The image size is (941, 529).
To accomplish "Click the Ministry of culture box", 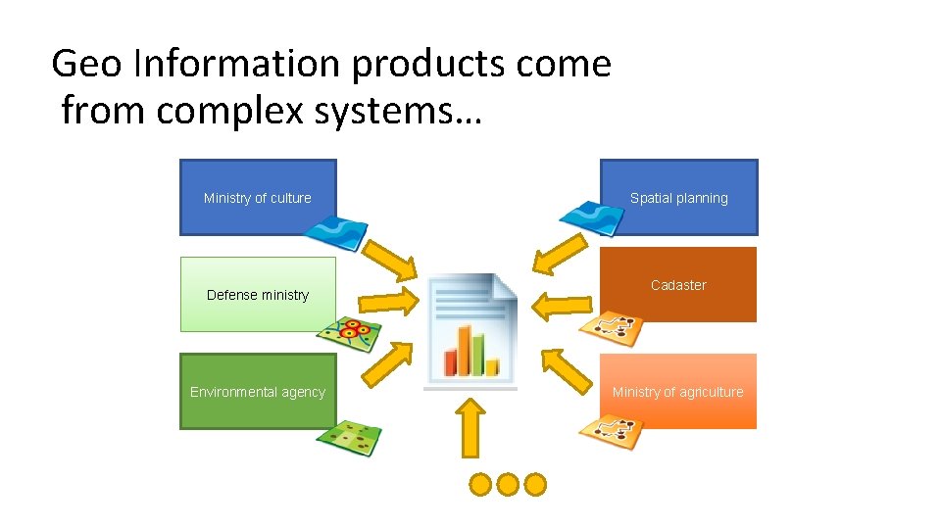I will [x=257, y=197].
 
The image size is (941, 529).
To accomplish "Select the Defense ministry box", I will [x=257, y=294].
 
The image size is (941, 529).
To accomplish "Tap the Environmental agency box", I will [x=257, y=391].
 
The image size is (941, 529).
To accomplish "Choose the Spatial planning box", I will [x=678, y=197].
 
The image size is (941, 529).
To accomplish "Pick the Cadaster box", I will [x=678, y=284].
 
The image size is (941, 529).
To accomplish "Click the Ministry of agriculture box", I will [x=678, y=391].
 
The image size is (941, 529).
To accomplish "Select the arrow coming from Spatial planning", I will [x=558, y=253].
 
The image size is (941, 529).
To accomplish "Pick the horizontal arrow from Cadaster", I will [x=561, y=303].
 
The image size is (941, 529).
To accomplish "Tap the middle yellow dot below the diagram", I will [x=507, y=483].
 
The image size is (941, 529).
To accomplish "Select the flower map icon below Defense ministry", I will [x=348, y=334].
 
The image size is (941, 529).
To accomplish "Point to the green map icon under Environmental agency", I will [x=349, y=437].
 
